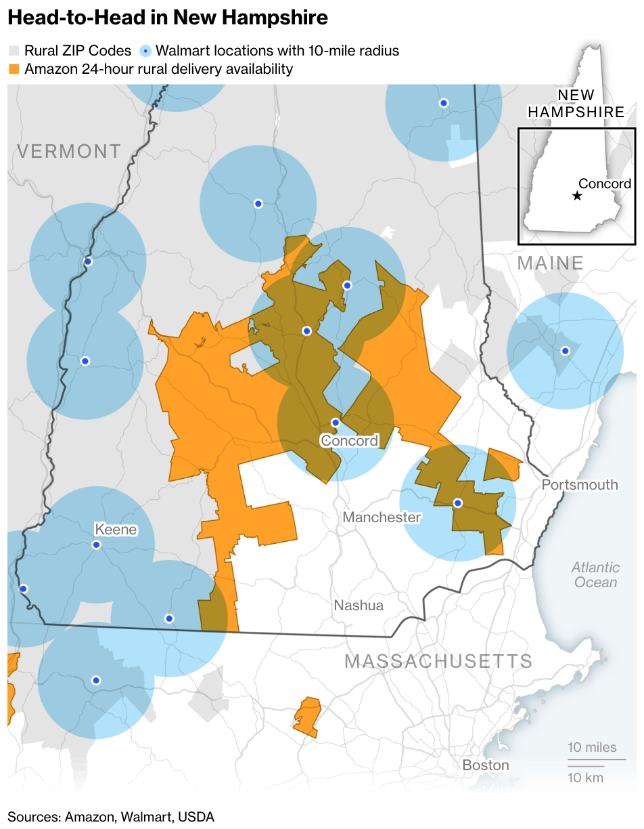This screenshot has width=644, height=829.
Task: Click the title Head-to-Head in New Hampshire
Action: coord(168,18)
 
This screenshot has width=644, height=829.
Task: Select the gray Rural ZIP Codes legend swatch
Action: coord(14,51)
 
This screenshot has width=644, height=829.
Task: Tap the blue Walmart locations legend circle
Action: coord(146,51)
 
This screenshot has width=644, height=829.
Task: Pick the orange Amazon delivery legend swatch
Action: coord(14,69)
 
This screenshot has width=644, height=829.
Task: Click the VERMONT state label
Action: coord(69,151)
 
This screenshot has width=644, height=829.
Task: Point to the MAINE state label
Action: coord(550,263)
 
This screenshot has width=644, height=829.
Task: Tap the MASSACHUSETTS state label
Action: coord(438,662)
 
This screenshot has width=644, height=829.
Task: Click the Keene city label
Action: coord(116,529)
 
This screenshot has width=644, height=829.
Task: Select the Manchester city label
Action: coord(382,517)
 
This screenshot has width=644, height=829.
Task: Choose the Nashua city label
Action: coord(359,605)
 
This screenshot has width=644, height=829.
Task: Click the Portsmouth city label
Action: coord(580,485)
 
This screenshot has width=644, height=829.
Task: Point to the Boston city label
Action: coord(486,765)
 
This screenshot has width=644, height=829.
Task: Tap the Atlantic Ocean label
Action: coord(595,575)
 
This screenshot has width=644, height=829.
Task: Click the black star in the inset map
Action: coord(576,196)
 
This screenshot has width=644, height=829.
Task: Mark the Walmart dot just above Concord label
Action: coord(335,423)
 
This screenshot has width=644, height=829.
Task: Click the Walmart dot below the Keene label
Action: coord(96,545)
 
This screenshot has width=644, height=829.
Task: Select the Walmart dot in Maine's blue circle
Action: coord(565,350)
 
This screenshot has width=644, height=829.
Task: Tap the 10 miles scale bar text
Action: coord(592,748)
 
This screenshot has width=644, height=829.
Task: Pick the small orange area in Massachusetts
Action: coord(308,717)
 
